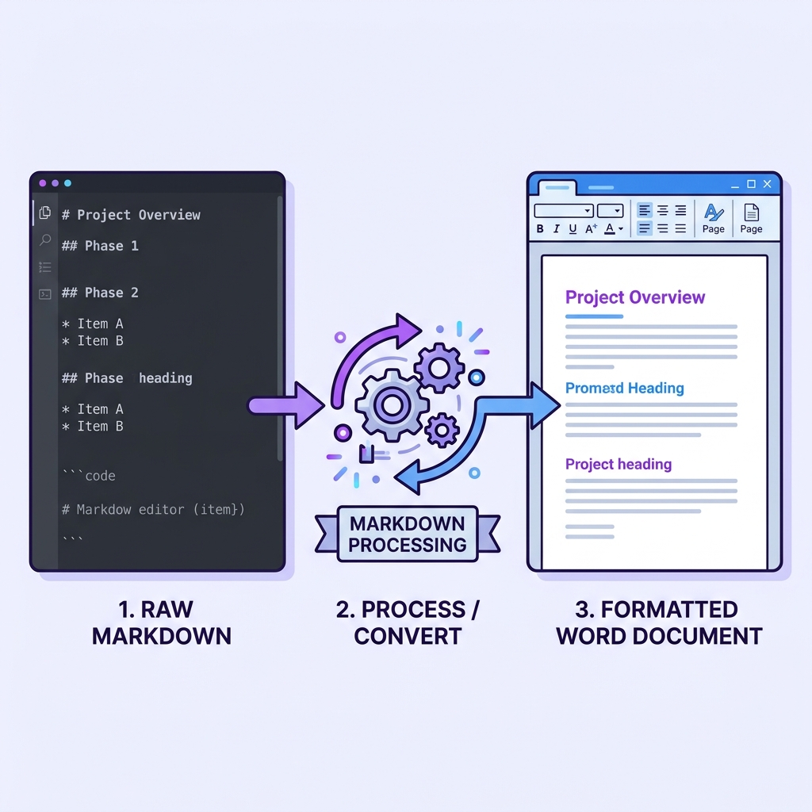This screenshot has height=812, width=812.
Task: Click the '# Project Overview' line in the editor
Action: (x=131, y=215)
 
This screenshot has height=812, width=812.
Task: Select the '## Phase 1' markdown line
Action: (x=100, y=246)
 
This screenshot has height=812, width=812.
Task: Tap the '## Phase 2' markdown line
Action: (x=100, y=293)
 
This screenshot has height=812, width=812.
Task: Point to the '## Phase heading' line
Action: (x=127, y=378)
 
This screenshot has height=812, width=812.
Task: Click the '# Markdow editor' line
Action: (x=153, y=509)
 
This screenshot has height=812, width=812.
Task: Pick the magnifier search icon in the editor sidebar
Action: (x=45, y=240)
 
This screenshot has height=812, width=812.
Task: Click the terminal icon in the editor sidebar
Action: (x=45, y=294)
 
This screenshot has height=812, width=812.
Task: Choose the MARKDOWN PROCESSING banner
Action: (x=408, y=534)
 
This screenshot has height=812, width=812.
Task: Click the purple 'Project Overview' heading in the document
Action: (x=634, y=297)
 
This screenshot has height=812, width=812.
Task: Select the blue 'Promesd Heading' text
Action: (x=624, y=389)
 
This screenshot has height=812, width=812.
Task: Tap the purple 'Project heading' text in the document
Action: (x=618, y=465)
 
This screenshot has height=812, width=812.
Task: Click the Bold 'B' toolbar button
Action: (x=540, y=229)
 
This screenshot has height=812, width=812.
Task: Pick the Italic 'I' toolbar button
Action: (x=557, y=229)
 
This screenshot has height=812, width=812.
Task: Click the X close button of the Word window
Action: (x=767, y=184)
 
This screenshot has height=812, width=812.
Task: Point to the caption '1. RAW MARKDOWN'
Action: (x=161, y=622)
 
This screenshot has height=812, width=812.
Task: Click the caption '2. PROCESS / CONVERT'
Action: (x=408, y=622)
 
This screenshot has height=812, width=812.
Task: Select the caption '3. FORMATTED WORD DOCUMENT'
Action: (x=659, y=622)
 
